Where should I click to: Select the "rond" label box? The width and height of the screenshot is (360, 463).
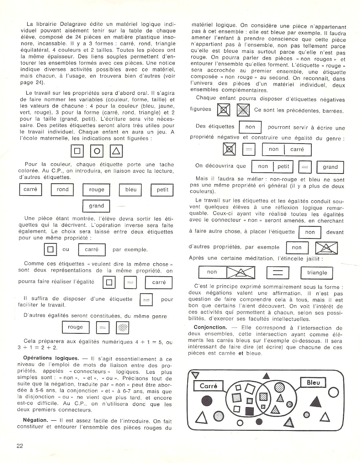(63, 190)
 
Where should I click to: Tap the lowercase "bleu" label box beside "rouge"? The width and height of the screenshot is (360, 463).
(131, 190)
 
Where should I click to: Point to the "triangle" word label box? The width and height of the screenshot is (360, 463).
(317, 273)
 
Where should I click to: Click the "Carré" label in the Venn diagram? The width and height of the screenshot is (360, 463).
(208, 386)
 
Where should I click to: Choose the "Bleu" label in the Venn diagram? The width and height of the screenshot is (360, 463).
(313, 383)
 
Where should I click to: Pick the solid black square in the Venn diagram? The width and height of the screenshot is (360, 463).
(249, 411)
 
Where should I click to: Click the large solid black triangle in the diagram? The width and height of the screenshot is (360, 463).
(316, 402)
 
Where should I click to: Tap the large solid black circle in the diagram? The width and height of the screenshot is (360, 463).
(207, 401)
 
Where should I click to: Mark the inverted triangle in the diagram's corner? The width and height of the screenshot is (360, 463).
(195, 375)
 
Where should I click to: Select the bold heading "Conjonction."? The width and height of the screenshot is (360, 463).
(210, 327)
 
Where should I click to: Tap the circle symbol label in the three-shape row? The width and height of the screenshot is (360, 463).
(97, 151)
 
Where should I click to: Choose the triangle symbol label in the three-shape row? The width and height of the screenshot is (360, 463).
(116, 151)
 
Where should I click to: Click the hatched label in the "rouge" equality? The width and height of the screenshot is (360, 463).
(122, 328)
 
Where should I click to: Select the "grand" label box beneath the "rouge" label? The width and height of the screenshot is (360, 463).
(96, 206)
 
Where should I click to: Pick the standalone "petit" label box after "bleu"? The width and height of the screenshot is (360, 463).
(162, 190)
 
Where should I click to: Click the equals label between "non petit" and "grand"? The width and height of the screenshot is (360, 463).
(305, 167)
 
